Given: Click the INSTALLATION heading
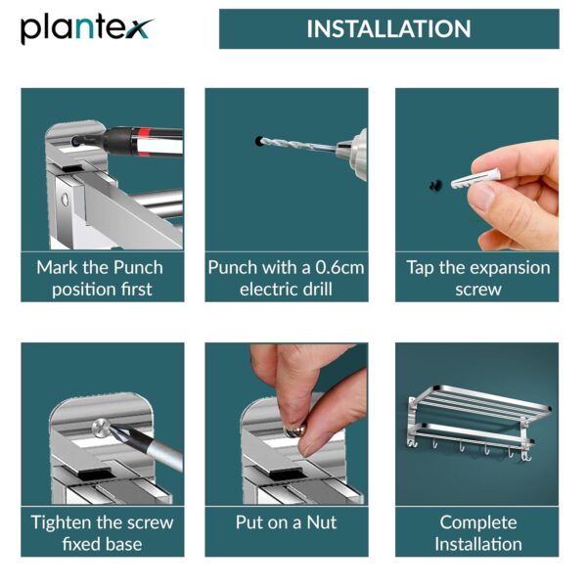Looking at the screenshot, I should [x=388, y=28].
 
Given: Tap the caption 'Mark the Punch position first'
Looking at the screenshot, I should [x=101, y=278].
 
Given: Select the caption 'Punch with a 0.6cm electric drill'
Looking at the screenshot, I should [x=286, y=278].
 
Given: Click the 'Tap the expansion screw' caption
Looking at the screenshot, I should [x=477, y=278].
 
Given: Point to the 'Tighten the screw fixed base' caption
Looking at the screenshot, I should [x=101, y=532].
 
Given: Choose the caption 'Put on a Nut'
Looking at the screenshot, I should [x=286, y=522].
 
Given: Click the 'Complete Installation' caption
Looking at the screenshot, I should [x=477, y=532].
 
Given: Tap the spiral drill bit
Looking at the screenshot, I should [x=298, y=146].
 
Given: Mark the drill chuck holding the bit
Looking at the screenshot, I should [x=348, y=150].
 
